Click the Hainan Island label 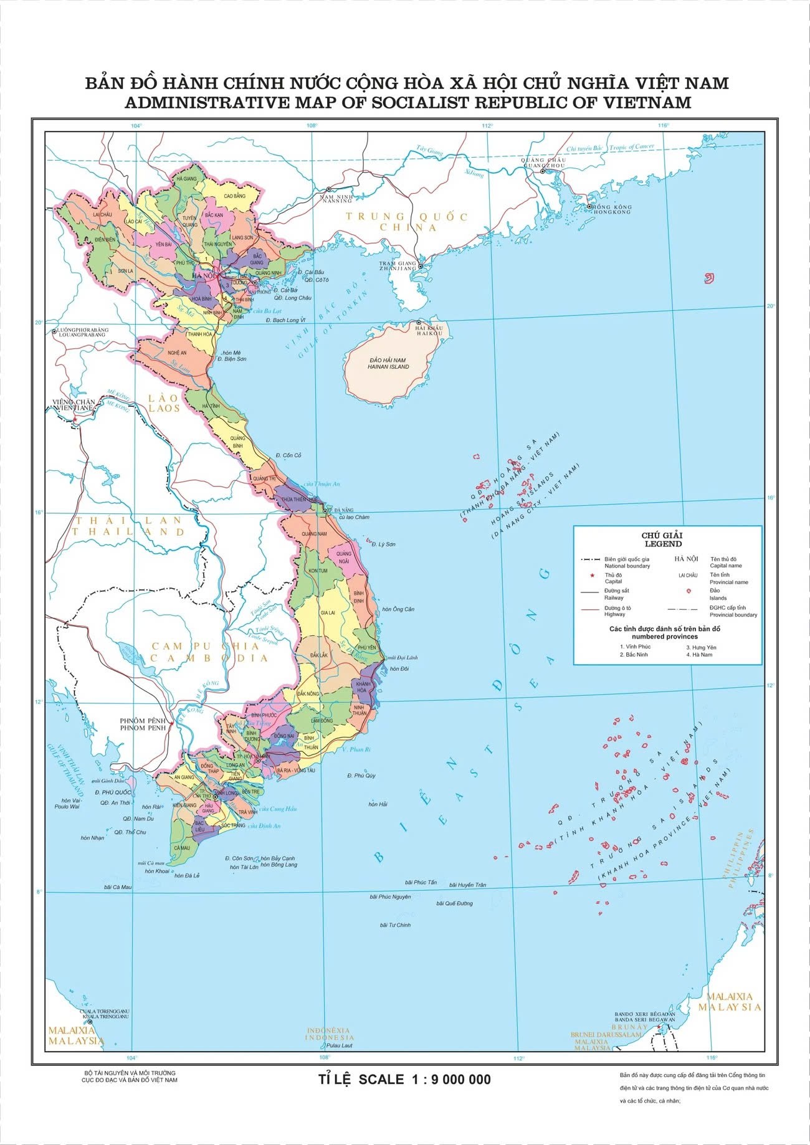click(388, 364)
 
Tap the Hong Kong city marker click(589, 206)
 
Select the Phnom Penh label click(143, 724)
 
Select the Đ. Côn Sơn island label click(239, 858)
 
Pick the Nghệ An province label click(177, 353)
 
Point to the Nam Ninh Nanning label click(336, 199)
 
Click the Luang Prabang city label click(82, 332)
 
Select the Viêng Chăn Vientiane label click(73, 405)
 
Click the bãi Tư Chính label click(395, 925)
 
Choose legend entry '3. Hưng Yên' click(701, 647)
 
